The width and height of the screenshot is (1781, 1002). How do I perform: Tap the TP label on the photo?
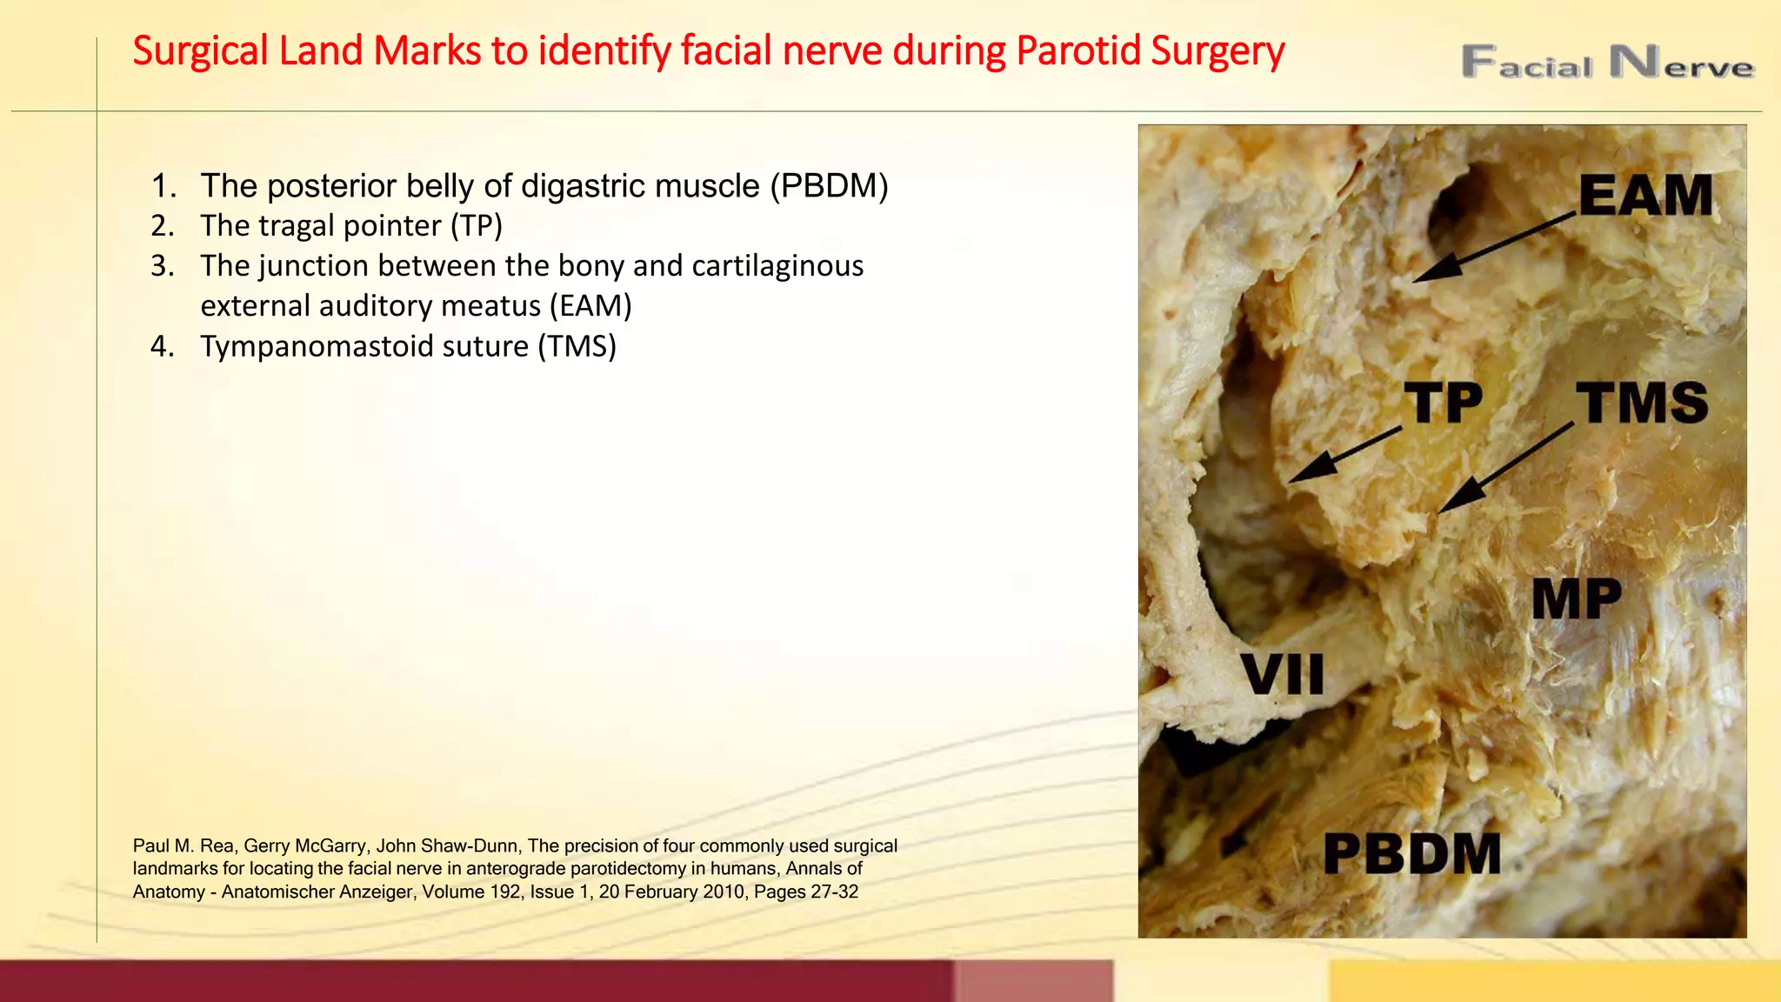point(1444,403)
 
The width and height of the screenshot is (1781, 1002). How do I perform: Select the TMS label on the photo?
point(1642,403)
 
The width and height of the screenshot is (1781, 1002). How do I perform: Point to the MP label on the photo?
point(1577,599)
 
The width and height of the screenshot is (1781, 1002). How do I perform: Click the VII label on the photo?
point(1283,674)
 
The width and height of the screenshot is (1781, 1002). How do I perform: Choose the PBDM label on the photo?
point(1412,853)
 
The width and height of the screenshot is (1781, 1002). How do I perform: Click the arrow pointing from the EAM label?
point(1494,247)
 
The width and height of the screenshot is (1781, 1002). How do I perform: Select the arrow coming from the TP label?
point(1344,454)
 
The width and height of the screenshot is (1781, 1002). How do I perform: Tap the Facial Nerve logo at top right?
point(1607,63)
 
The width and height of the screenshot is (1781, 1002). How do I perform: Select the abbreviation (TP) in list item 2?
point(477,226)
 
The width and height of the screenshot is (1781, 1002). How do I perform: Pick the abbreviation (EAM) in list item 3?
point(590,306)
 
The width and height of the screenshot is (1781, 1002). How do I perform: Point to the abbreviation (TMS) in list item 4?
point(577,346)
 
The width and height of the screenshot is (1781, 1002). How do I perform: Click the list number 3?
point(162,266)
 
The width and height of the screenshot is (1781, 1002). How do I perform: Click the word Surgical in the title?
point(200,51)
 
